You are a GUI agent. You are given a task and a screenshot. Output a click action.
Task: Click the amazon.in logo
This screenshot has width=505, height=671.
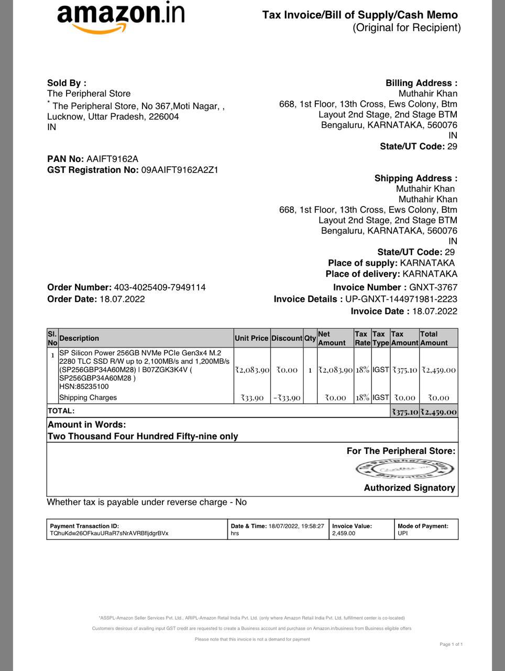click(x=120, y=18)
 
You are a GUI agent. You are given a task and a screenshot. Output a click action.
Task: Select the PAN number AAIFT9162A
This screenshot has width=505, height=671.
click(x=112, y=159)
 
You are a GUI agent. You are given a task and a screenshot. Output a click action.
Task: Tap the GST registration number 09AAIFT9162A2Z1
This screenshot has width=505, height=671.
click(x=180, y=170)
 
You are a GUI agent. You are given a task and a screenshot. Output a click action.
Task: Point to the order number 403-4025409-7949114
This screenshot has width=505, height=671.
click(x=160, y=287)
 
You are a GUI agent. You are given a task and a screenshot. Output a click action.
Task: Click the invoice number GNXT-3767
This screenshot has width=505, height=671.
click(x=433, y=287)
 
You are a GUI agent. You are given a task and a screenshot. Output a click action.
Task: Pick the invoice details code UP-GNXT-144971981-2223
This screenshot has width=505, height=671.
click(x=401, y=299)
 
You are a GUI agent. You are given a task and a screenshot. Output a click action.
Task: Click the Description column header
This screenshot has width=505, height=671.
click(x=79, y=339)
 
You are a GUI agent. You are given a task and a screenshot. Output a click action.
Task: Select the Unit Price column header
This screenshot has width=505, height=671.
click(x=251, y=339)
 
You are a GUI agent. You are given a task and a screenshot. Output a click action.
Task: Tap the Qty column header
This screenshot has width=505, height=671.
click(x=310, y=339)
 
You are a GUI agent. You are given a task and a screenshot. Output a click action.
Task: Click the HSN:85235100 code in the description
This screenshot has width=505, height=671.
click(x=84, y=387)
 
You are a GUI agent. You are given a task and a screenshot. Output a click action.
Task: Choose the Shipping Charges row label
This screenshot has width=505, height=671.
click(x=88, y=398)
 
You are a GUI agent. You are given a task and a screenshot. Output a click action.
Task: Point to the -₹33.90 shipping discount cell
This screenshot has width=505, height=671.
click(x=287, y=398)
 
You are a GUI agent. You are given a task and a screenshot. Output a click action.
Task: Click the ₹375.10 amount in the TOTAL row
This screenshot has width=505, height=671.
click(x=405, y=412)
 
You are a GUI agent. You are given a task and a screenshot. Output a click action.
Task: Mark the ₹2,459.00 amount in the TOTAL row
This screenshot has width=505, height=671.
click(x=438, y=412)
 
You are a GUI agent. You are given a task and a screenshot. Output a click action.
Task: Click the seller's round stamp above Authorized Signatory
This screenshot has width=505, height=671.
click(x=404, y=469)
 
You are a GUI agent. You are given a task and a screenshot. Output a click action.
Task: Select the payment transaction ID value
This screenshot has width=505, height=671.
click(x=109, y=534)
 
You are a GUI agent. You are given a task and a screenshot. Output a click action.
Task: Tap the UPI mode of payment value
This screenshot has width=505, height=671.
click(x=402, y=534)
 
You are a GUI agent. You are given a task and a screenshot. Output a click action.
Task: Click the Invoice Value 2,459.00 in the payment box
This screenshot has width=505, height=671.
click(x=344, y=534)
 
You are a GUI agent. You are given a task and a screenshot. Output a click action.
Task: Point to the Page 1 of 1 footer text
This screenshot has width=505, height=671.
click(x=451, y=644)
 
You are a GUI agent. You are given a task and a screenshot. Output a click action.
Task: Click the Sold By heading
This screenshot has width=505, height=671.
click(x=67, y=83)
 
